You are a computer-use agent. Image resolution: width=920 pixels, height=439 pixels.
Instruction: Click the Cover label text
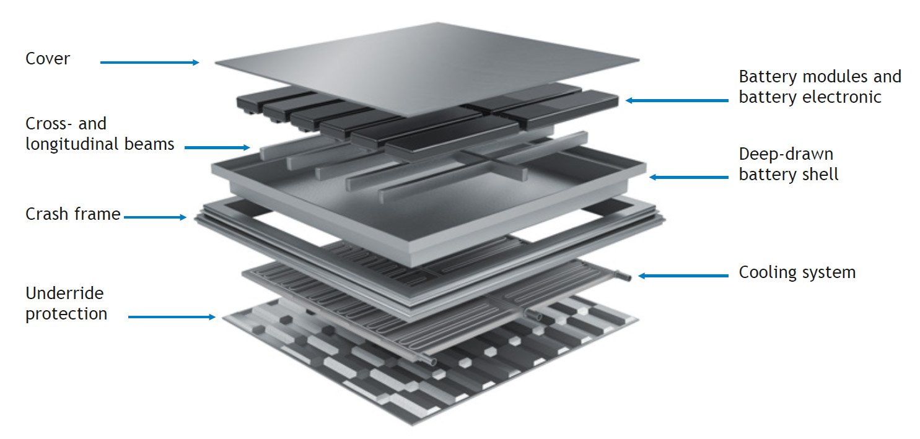click(48, 59)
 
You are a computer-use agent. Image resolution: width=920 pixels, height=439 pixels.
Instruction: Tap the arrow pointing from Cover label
click(149, 62)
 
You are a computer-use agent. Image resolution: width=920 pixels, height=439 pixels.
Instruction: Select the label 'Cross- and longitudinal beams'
click(99, 134)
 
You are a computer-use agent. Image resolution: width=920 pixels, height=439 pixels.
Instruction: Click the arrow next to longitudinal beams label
click(217, 147)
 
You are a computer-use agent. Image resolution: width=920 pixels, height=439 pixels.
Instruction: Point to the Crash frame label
click(72, 215)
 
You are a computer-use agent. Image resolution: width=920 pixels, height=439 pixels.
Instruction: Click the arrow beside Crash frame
click(154, 217)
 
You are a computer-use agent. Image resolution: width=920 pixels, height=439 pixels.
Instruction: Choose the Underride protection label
click(66, 303)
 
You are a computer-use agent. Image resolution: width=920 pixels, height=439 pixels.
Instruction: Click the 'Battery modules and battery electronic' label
click(819, 87)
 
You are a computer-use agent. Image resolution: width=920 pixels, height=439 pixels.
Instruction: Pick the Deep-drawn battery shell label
click(788, 164)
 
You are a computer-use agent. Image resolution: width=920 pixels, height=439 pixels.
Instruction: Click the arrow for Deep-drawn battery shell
click(688, 177)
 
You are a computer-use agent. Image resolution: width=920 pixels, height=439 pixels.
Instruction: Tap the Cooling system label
click(797, 272)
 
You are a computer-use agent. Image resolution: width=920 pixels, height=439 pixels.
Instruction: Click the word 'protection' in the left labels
click(66, 313)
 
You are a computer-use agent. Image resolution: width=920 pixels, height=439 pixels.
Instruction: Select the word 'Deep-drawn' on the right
click(786, 154)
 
